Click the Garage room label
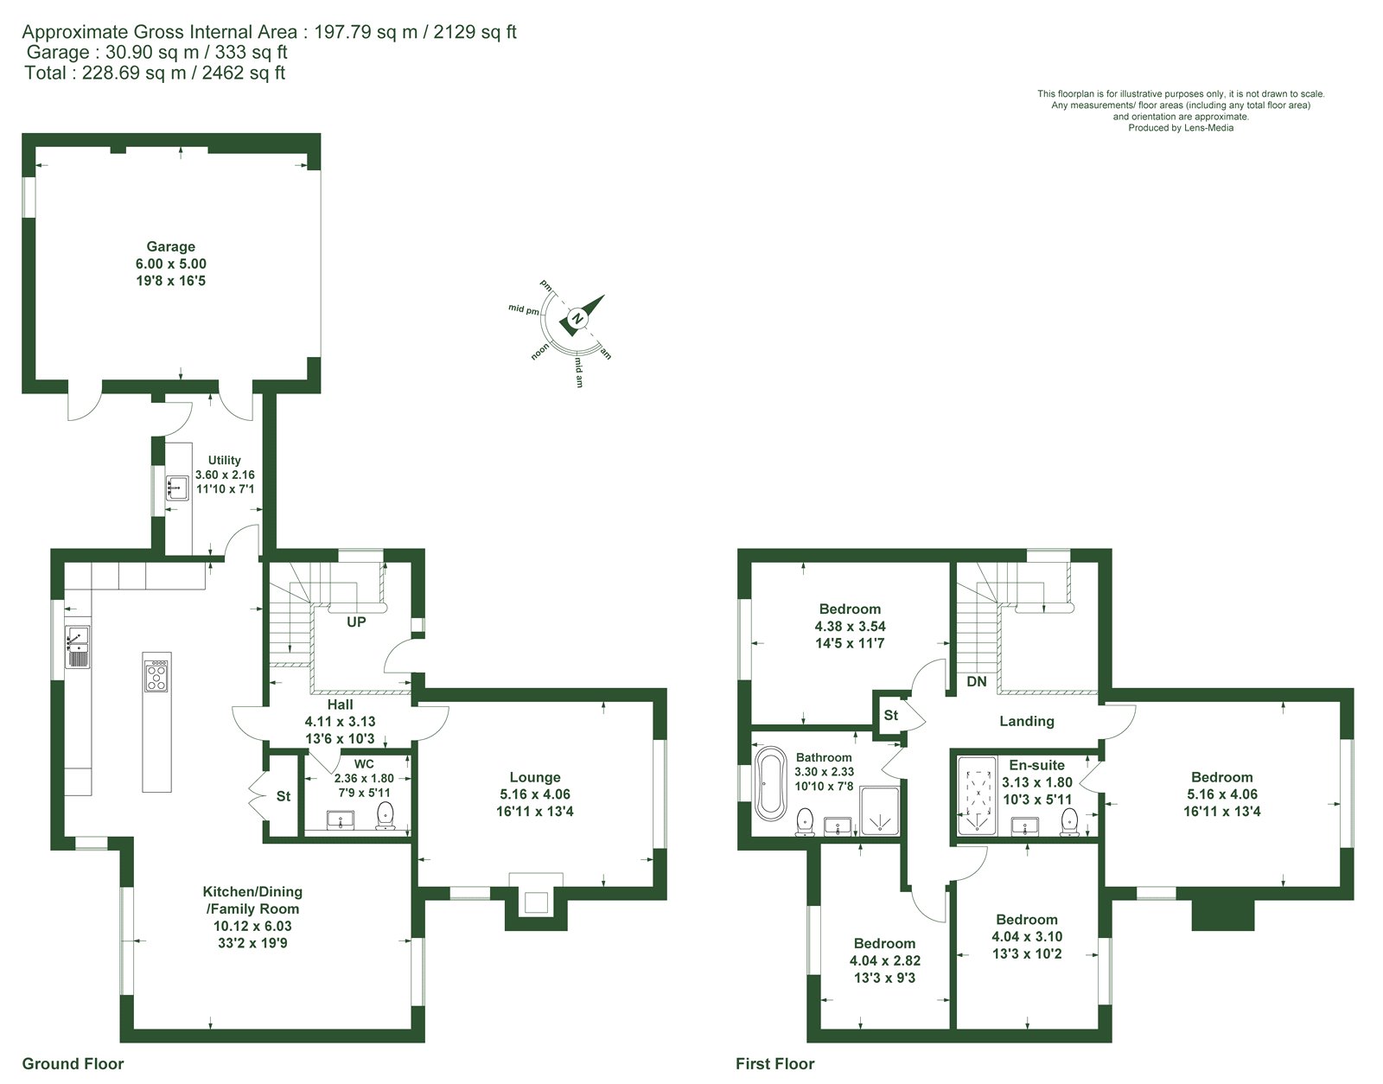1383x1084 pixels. [170, 246]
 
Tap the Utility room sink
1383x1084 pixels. [177, 488]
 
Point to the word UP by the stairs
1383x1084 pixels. [356, 622]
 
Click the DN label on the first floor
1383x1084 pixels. [976, 682]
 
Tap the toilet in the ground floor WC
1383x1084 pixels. [385, 816]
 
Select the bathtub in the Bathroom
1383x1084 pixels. [771, 781]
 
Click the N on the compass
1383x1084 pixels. [577, 318]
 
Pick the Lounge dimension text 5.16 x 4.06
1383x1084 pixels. [534, 794]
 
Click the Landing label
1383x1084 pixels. [1027, 721]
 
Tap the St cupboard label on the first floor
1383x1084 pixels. [890, 716]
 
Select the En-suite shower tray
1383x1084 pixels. [978, 795]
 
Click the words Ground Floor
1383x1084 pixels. [73, 1063]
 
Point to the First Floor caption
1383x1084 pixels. [775, 1063]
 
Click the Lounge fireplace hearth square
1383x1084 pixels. [536, 902]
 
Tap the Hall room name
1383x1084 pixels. [340, 705]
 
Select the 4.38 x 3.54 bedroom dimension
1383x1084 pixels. [850, 627]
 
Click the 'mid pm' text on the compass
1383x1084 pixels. [524, 309]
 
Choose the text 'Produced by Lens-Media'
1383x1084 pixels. [1181, 128]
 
